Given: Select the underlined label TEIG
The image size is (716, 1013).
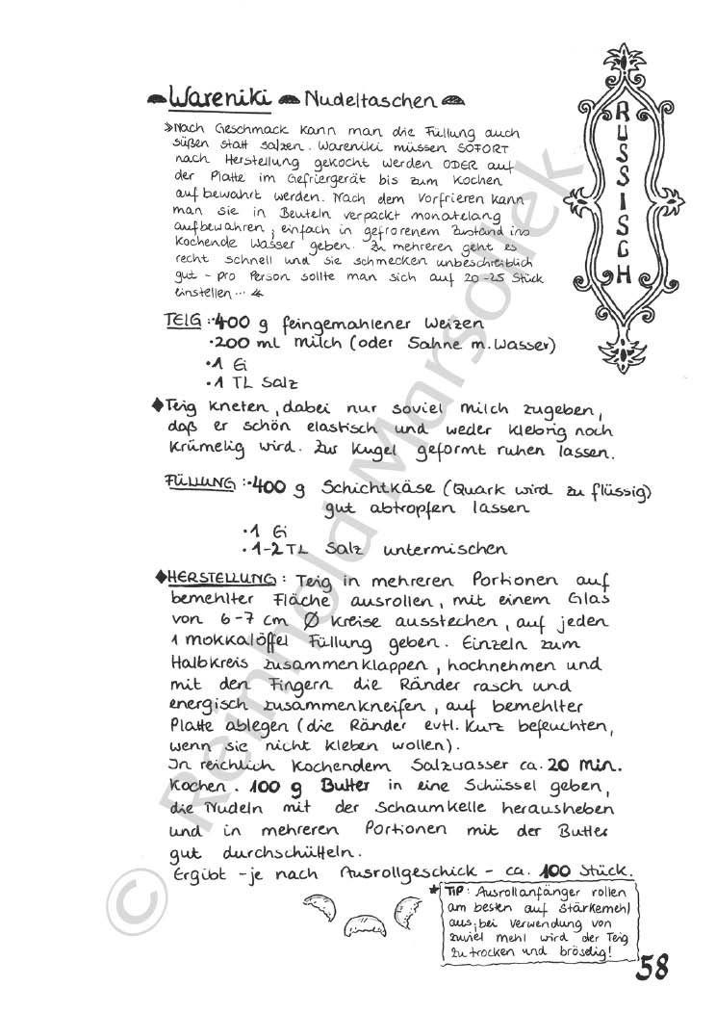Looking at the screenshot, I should point(183,324).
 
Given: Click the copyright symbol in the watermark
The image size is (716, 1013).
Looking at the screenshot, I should point(132,906).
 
